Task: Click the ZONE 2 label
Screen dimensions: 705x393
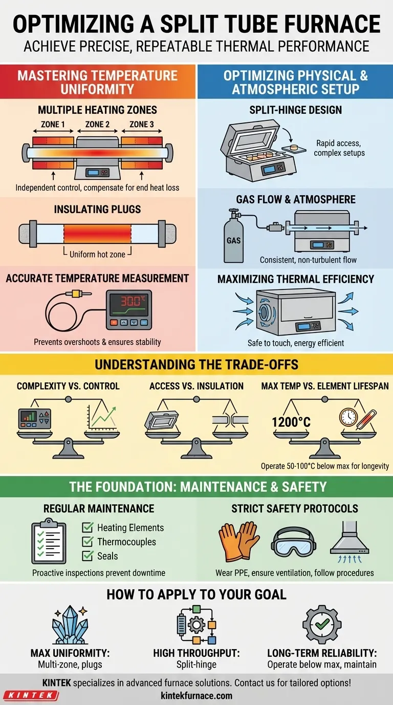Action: pyautogui.click(x=98, y=124)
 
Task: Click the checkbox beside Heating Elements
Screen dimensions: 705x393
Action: pyautogui.click(x=88, y=528)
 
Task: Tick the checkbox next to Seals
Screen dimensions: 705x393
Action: pyautogui.click(x=88, y=556)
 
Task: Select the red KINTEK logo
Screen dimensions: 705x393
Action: pyautogui.click(x=31, y=695)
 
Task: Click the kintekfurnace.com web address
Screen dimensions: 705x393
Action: pyautogui.click(x=196, y=696)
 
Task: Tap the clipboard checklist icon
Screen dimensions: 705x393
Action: pyautogui.click(x=49, y=542)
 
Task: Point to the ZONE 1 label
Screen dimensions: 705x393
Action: pyautogui.click(x=53, y=124)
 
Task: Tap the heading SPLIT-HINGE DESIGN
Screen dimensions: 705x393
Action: pyautogui.click(x=296, y=110)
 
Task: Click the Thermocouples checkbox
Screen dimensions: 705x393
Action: pyautogui.click(x=88, y=542)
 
